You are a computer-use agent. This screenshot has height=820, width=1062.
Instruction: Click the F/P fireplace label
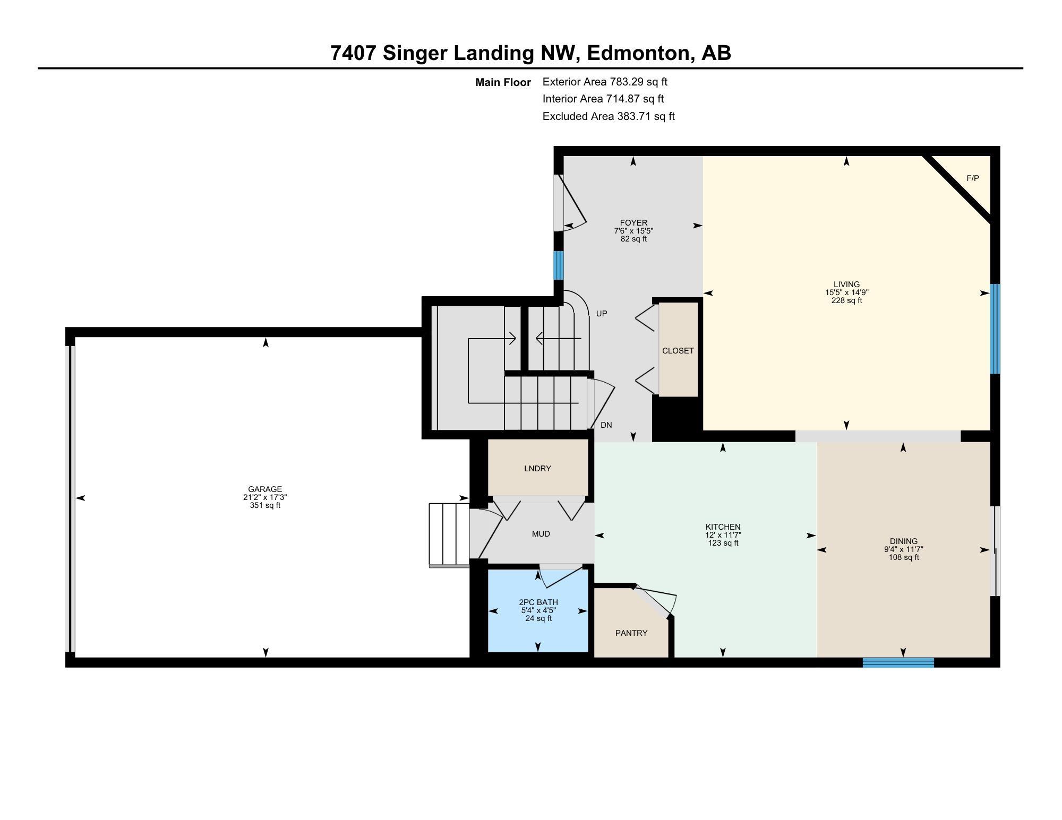point(972,178)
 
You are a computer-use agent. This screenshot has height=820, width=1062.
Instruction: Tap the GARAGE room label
point(265,489)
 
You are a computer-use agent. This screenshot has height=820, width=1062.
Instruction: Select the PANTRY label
point(631,633)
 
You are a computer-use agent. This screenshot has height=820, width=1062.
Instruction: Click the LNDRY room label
point(537,469)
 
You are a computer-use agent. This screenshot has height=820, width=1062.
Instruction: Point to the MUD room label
point(541,534)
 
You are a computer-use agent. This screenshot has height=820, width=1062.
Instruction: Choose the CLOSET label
point(678,351)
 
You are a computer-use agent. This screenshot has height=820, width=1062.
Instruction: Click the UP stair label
point(602,314)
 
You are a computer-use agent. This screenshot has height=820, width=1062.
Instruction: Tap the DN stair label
point(606,425)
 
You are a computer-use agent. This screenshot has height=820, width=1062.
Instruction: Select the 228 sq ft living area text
point(846,300)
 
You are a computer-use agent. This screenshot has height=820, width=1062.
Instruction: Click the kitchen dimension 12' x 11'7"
point(723,535)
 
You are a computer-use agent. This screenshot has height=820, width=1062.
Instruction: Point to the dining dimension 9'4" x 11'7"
point(904,549)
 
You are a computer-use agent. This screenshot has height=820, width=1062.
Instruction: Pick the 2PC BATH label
point(538,602)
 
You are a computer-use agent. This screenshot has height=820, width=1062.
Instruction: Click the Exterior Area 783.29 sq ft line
point(605,82)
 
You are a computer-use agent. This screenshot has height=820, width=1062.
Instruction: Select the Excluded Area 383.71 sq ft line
point(609,116)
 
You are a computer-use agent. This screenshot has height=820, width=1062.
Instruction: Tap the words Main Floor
point(503,82)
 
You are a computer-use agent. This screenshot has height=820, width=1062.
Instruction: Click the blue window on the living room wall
point(995,329)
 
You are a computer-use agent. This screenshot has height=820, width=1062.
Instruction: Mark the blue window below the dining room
point(898,662)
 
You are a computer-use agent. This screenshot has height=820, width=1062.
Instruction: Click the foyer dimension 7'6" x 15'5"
point(633,231)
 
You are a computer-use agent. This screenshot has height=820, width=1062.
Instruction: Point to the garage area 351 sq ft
point(265,505)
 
